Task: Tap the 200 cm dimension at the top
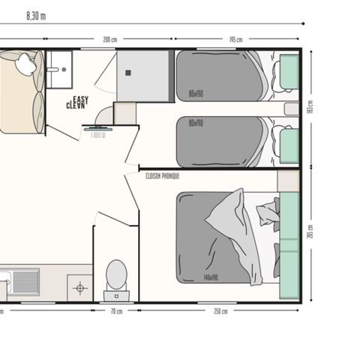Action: (111, 40)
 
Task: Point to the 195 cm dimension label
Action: (234, 40)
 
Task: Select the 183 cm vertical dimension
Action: (309, 107)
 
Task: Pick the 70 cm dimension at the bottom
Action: (116, 310)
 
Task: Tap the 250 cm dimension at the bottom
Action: (219, 310)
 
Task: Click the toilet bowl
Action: (115, 274)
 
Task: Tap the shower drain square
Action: (127, 73)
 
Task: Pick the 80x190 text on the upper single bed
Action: (196, 94)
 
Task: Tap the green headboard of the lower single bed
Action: (289, 142)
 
